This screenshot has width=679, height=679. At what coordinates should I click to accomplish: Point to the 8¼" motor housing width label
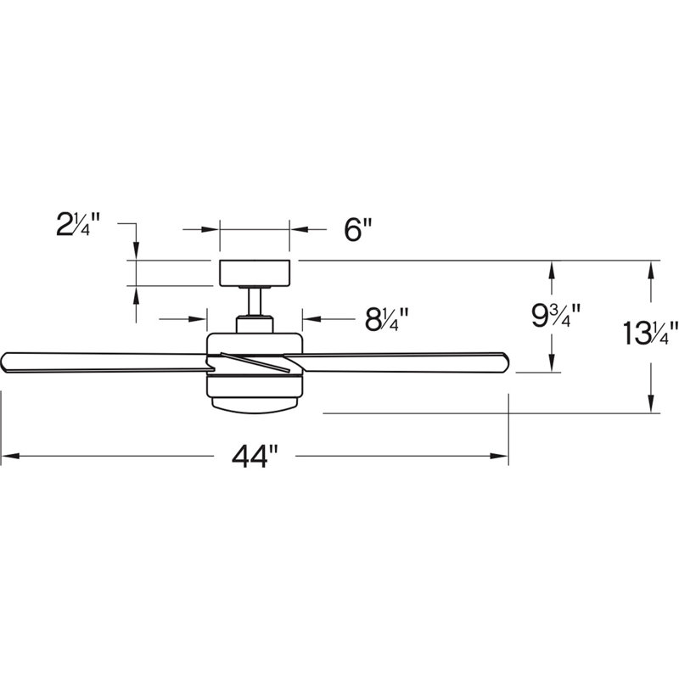point(387,320)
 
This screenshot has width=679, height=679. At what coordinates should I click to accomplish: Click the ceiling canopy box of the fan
point(255,273)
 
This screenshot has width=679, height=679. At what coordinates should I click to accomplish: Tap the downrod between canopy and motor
point(255,301)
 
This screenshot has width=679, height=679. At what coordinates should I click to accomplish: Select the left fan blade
point(102,361)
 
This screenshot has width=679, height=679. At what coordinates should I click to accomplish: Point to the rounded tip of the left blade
point(5,361)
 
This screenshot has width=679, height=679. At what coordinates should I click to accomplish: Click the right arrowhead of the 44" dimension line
point(501,457)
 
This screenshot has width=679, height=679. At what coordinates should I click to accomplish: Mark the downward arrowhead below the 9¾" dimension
point(553,364)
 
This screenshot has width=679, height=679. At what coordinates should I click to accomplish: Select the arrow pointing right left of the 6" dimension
point(212,229)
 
